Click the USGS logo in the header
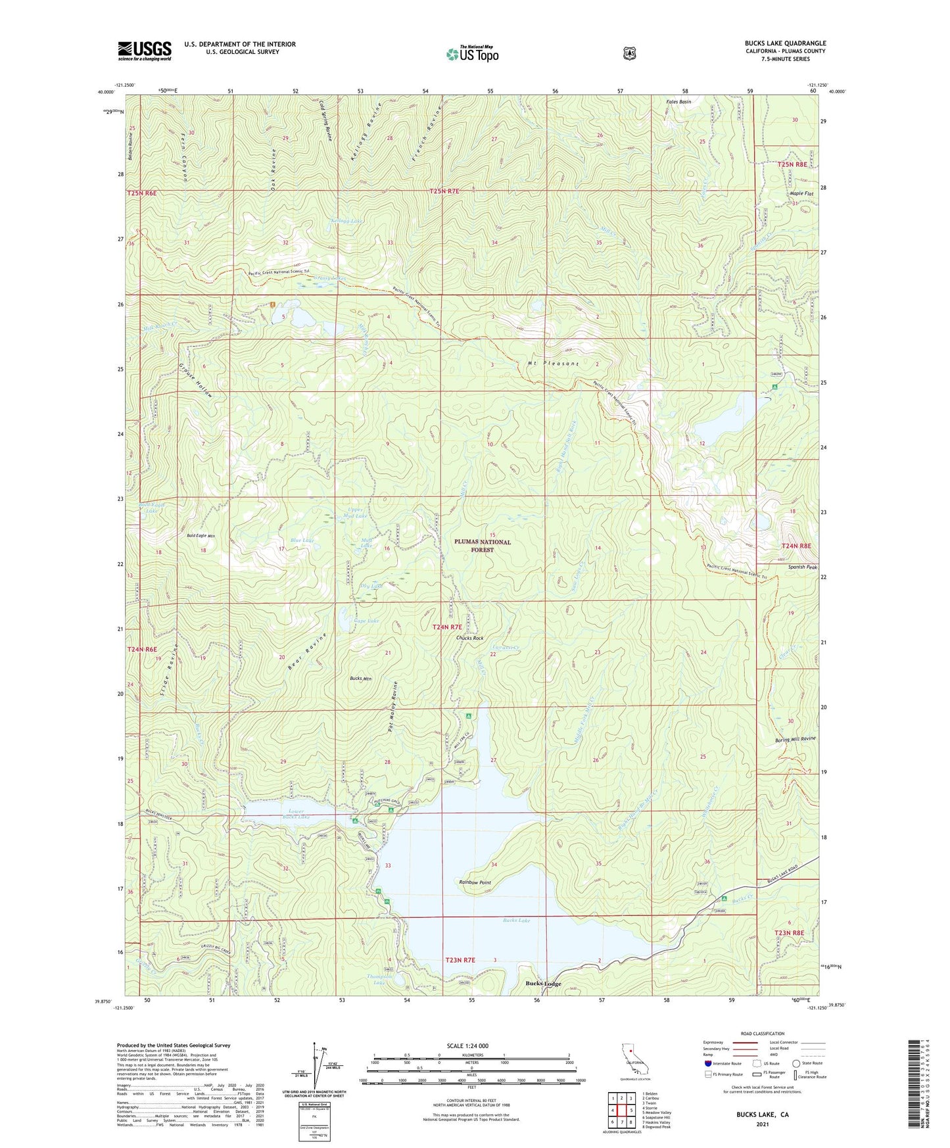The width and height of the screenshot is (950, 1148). [145, 50]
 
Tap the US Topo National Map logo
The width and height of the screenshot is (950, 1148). [471, 54]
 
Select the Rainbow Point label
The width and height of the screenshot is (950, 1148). [475, 882]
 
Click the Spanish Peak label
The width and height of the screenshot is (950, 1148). [803, 567]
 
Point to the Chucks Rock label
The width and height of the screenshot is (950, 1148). [469, 638]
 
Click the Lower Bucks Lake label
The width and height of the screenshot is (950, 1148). [291, 815]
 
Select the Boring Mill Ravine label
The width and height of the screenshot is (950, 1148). [795, 738]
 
